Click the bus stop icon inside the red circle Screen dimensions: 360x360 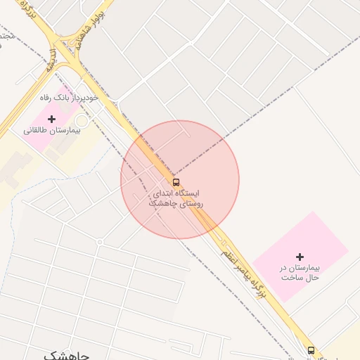pos(175,181)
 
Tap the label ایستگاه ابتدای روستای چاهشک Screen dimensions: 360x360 pos(175,198)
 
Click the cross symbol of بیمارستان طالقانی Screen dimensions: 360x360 pos(51,119)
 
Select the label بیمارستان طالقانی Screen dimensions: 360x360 pos(52,131)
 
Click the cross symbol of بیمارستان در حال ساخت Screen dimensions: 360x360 pos(300,257)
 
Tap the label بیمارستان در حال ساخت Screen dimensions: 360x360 pos(299,273)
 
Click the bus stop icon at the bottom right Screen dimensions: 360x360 pos(311,349)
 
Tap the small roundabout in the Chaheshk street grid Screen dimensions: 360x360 pos(100,242)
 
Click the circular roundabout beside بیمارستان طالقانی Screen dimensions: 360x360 pos(82,122)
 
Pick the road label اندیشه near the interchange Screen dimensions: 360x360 pos(51,59)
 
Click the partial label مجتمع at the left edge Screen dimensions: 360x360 pos(6,35)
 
